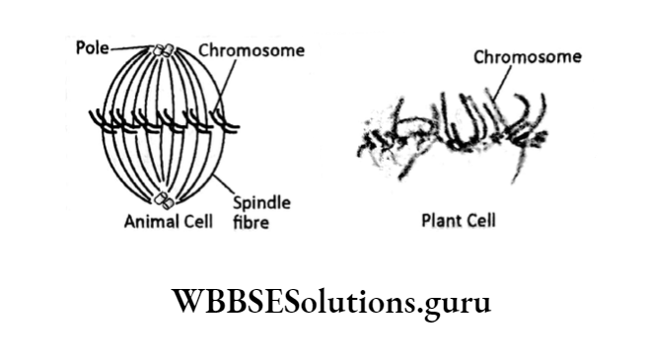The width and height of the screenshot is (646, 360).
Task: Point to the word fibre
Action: [251, 223]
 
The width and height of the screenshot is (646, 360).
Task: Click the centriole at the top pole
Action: [164, 49]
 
